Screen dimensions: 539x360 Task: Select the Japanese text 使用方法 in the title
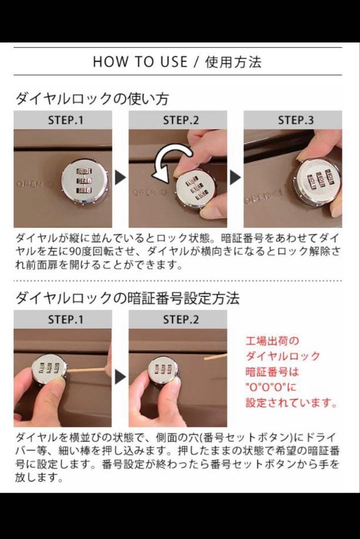[x=233, y=62]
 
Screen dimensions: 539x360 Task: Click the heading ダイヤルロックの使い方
[x=92, y=98]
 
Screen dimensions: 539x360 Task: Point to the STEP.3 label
[x=296, y=120]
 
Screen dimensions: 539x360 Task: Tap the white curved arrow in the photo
[x=170, y=160]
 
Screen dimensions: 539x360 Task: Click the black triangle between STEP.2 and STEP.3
[x=235, y=178]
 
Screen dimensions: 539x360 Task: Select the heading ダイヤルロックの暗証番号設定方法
[x=127, y=298]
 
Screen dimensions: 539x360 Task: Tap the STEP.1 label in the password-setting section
[x=65, y=319]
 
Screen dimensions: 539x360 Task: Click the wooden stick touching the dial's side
[x=88, y=371]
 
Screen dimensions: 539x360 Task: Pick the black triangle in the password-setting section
[x=120, y=377]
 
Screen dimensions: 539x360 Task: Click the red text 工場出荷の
[x=273, y=341]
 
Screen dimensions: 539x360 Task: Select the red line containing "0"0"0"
[x=271, y=387]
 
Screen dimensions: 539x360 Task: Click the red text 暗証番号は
[x=273, y=372]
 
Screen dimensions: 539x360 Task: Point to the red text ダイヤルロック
[x=283, y=356]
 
